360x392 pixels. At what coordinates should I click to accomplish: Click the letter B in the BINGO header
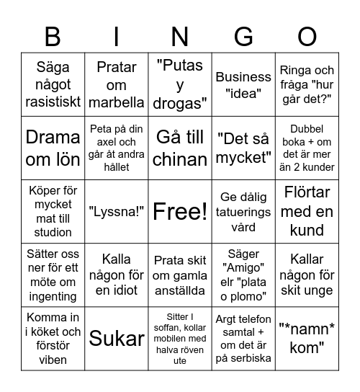click(x=53, y=36)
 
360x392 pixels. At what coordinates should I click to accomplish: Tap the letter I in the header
click(x=117, y=36)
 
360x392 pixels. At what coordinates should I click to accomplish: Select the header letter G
click(x=243, y=36)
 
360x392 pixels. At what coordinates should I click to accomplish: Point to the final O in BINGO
click(x=307, y=36)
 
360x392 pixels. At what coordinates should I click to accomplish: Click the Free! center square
click(x=180, y=211)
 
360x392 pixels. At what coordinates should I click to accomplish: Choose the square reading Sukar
click(x=117, y=338)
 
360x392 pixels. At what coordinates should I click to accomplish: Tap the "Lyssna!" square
click(x=117, y=211)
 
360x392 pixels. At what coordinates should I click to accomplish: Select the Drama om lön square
click(x=53, y=148)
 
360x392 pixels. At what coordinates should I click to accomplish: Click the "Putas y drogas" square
click(x=180, y=84)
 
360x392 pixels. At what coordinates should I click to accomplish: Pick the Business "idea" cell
click(x=243, y=84)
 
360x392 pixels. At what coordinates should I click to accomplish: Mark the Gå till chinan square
click(x=180, y=148)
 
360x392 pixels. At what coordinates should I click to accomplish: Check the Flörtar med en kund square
click(x=307, y=211)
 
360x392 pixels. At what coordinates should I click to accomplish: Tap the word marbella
click(x=117, y=102)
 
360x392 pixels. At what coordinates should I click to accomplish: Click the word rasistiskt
click(x=53, y=102)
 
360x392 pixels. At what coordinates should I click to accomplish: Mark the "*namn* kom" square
click(x=307, y=338)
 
